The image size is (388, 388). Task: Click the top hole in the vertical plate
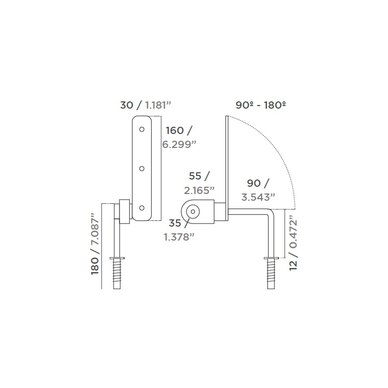pyautogui.click(x=142, y=129)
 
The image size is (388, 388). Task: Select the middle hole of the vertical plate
pyautogui.click(x=142, y=169)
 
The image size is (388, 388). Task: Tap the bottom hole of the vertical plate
pyautogui.click(x=142, y=208)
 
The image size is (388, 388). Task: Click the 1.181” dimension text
pyautogui.click(x=158, y=105)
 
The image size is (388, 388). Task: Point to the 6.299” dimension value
pyautogui.click(x=179, y=144)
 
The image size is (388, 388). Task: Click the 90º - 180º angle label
pyautogui.click(x=261, y=105)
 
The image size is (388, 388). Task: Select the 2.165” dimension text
pyautogui.click(x=199, y=190)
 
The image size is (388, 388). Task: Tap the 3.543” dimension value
pyautogui.click(x=258, y=198)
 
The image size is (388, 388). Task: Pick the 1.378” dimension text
pyautogui.click(x=179, y=237)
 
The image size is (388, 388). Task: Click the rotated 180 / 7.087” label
pyautogui.click(x=95, y=244)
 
